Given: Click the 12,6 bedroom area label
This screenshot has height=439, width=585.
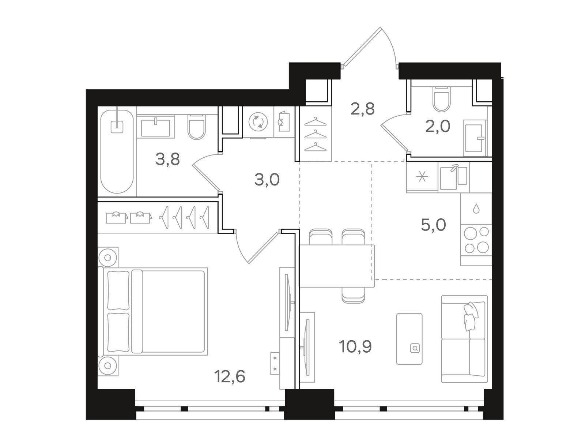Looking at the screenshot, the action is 230,377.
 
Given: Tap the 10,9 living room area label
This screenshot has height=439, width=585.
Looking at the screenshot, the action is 355,346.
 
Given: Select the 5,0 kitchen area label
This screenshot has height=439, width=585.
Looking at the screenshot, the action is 433,225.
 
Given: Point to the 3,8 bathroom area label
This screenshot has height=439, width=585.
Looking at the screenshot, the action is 167,160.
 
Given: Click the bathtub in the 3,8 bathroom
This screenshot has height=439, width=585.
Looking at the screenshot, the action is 117,151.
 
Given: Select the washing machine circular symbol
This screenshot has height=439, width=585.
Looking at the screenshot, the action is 258,122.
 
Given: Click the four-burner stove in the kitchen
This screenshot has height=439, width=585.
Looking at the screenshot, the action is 476,240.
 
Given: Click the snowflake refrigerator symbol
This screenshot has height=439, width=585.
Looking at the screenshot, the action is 422,177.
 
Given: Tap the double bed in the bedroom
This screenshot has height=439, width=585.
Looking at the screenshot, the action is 153,311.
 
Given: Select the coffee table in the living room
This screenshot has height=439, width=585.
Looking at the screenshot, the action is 409,339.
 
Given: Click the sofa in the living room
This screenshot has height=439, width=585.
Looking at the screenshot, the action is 464,339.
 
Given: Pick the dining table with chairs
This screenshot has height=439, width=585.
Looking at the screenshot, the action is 337,266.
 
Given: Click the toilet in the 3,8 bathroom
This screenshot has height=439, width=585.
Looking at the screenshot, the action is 196,127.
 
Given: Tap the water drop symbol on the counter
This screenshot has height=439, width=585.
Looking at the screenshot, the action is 476,209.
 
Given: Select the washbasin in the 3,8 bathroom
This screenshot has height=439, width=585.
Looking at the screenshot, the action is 156,127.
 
